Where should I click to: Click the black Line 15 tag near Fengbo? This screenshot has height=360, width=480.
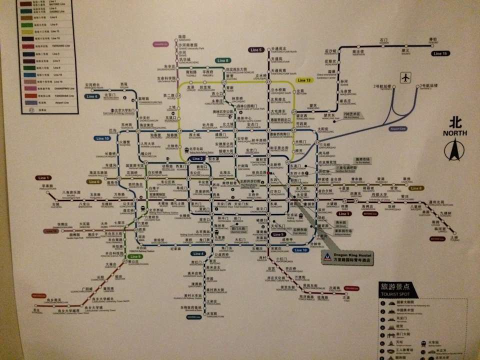[440, 53]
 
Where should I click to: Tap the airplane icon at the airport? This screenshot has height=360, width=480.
[405, 78]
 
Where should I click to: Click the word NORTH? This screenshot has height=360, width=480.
[454, 133]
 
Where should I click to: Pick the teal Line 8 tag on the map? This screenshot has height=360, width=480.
[223, 60]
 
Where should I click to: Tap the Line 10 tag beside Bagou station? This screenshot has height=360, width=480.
[102, 138]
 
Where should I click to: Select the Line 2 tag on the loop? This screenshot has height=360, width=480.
[196, 159]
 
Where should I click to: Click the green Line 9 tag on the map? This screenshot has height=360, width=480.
[136, 256]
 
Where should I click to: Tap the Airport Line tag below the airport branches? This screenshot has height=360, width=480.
[397, 128]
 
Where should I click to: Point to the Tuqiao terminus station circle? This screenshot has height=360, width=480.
[456, 234]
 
